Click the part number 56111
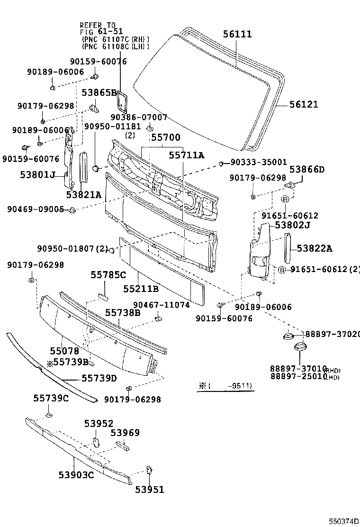[x=238, y=34]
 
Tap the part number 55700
[x=165, y=137]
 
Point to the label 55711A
[x=187, y=154]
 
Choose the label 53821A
[x=83, y=194]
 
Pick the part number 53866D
[x=307, y=169]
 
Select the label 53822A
[x=315, y=248]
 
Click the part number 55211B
[x=141, y=288]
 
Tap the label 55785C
[x=108, y=274]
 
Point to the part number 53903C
[x=76, y=474]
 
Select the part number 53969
[x=125, y=432]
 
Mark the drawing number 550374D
[x=344, y=521]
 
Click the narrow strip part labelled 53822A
[x=287, y=248]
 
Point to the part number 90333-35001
[x=259, y=162]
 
